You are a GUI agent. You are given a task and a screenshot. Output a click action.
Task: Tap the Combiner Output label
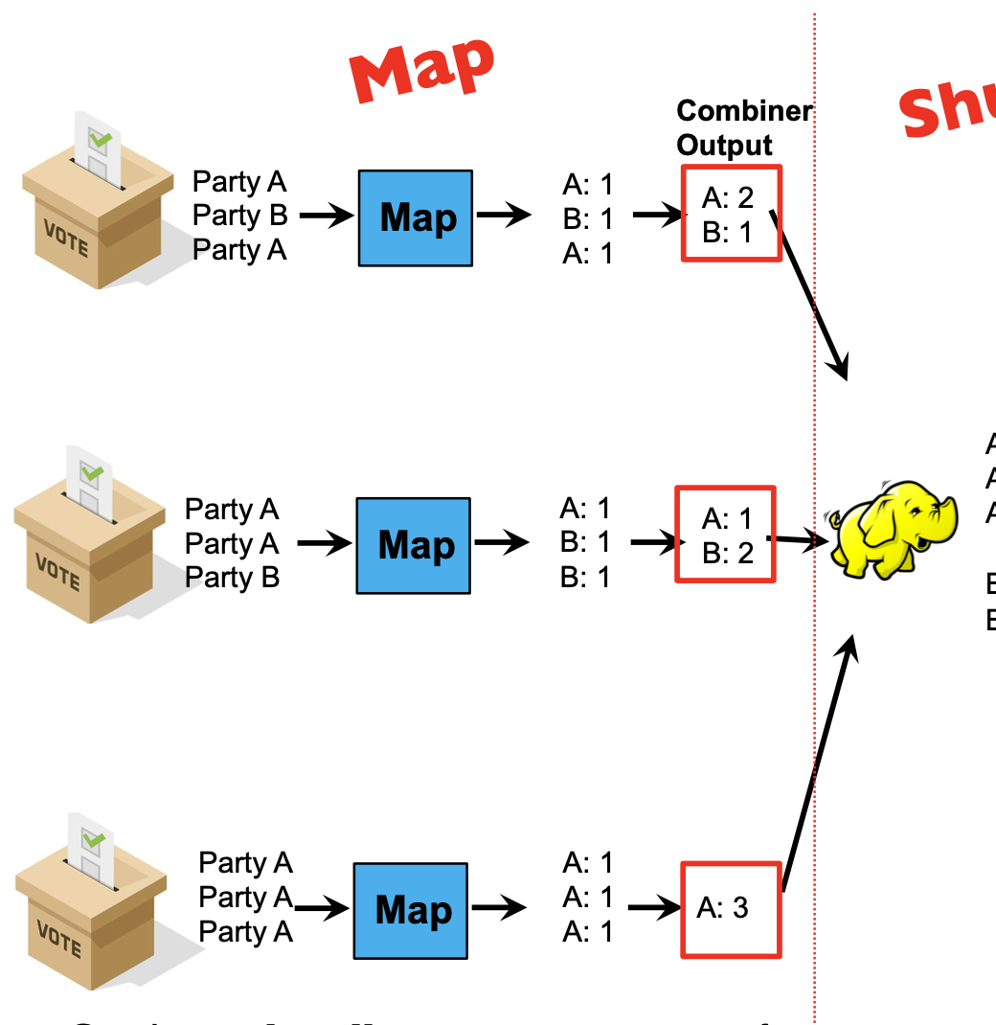point(744,128)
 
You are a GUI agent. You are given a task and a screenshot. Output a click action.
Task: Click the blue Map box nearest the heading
point(416,217)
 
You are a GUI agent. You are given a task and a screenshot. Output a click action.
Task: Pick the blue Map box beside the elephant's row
point(414,545)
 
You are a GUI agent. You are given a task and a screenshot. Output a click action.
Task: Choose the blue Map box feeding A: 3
point(411,910)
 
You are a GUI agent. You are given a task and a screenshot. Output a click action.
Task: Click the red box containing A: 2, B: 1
point(732,213)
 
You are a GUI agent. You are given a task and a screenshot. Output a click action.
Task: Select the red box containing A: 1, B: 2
point(725,535)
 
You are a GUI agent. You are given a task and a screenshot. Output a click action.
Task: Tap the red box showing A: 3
point(731,909)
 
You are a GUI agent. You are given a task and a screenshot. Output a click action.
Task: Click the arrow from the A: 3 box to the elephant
point(817,766)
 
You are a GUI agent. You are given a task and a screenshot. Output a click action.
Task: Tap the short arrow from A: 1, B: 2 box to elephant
point(797,540)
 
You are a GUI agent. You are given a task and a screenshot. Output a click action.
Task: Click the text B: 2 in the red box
point(728,553)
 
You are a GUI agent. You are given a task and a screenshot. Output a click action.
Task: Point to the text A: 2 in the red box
point(728,197)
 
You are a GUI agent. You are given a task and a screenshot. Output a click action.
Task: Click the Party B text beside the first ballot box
point(239,216)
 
